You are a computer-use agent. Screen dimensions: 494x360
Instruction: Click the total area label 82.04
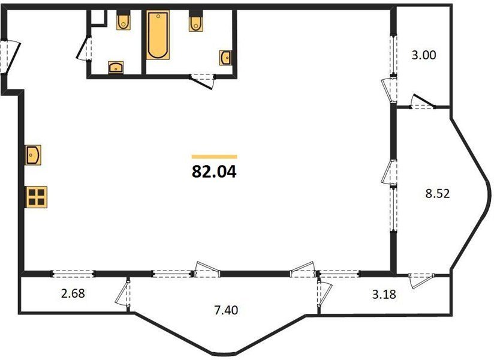(214, 172)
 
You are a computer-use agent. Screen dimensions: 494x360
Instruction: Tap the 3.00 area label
(424, 55)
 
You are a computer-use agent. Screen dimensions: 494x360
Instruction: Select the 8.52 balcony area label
(438, 194)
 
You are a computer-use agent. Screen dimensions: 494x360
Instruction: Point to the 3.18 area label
(384, 295)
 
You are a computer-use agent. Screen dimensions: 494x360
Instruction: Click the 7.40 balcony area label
(226, 311)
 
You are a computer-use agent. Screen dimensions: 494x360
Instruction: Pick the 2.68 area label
(73, 293)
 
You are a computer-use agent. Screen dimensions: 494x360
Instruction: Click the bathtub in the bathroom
(158, 35)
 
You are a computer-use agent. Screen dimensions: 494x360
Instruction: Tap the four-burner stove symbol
(36, 197)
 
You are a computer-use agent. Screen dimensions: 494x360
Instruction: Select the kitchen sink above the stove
(33, 155)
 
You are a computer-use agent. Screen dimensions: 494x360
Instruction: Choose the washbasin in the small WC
(116, 67)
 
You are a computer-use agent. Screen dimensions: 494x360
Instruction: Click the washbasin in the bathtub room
(225, 58)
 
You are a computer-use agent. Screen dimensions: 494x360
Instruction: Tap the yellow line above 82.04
(214, 157)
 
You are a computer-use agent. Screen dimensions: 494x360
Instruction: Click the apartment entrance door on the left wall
(10, 57)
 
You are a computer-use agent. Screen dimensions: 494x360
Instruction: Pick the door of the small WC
(84, 49)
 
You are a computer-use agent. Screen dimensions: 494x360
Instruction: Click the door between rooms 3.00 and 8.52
(422, 102)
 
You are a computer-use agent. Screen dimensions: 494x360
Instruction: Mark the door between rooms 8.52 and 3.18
(421, 280)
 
